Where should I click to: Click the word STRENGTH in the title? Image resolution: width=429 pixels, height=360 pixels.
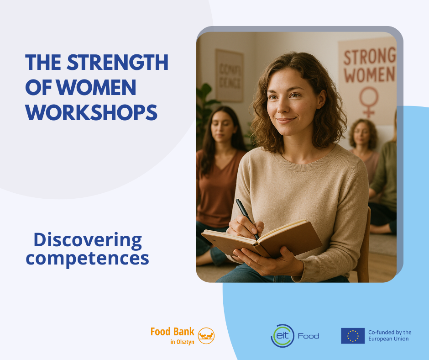click(x=117, y=62)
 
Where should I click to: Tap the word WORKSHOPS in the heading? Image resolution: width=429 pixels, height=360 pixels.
click(x=91, y=112)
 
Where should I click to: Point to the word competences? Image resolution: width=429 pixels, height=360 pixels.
click(x=87, y=259)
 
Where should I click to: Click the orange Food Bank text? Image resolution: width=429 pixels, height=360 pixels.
click(x=173, y=332)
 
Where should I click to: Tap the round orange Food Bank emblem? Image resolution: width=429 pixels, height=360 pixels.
click(x=206, y=336)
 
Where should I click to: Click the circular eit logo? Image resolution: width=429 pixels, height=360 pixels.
click(x=283, y=336)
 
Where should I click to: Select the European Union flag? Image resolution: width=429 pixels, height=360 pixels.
click(x=353, y=336)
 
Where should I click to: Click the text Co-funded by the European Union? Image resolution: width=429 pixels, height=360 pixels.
click(x=390, y=336)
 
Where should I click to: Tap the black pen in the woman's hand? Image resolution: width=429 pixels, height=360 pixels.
click(x=247, y=219)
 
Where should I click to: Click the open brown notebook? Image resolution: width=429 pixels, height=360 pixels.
click(x=262, y=238)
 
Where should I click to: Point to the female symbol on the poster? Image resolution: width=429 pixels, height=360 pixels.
click(x=369, y=102)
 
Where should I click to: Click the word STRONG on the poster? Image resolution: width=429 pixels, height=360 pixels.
click(x=370, y=57)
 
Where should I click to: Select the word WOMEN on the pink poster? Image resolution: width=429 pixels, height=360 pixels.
click(x=369, y=74)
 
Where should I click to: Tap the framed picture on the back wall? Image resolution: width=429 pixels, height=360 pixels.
click(x=229, y=76)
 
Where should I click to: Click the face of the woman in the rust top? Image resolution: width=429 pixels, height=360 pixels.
click(x=222, y=127)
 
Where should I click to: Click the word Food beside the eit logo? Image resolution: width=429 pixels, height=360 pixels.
click(x=309, y=336)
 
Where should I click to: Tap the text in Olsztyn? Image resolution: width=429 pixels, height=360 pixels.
click(x=182, y=342)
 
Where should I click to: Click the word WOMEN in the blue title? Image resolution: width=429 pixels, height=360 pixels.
click(x=96, y=87)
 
